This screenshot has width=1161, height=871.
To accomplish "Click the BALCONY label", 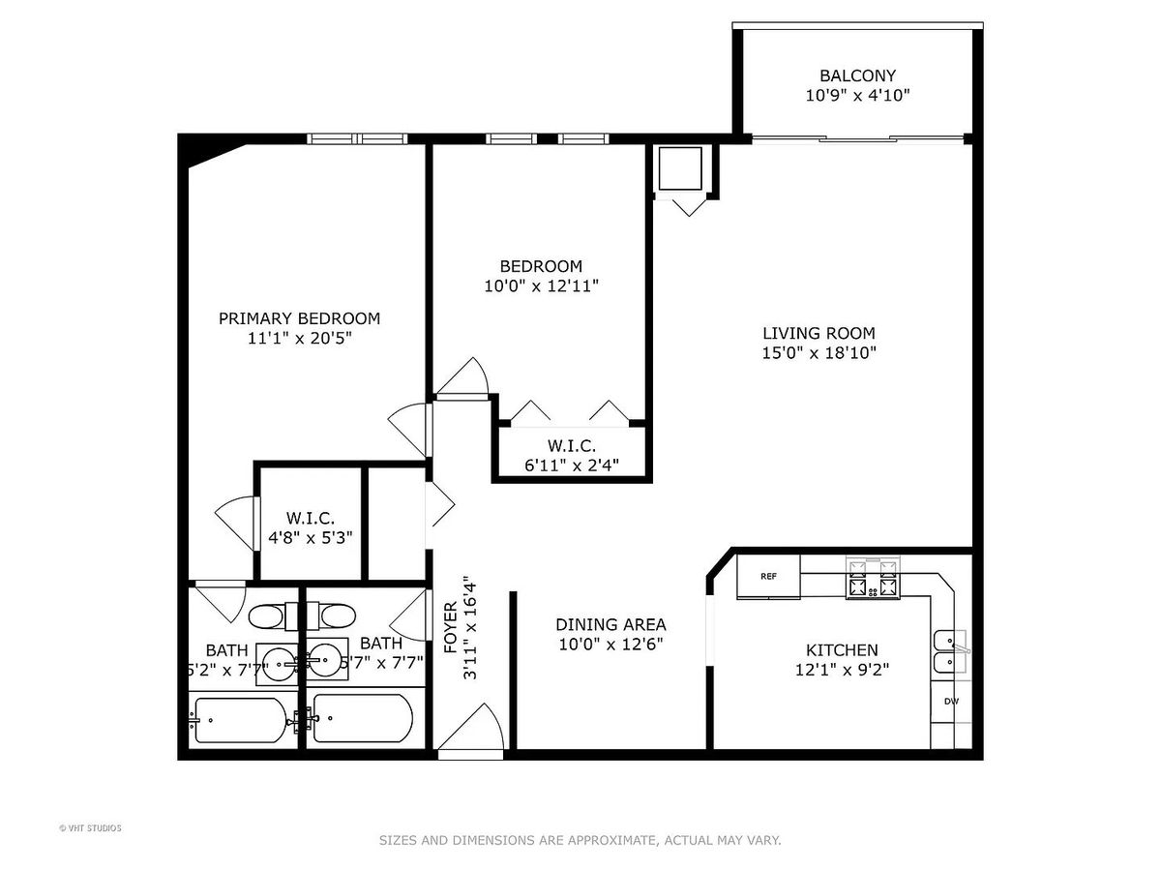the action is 857,75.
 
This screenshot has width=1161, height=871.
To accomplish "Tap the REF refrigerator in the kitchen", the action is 768,577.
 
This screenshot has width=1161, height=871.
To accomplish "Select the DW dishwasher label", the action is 951,702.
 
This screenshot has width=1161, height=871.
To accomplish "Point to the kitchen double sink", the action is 950,652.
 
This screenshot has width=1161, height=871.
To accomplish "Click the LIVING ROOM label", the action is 819,333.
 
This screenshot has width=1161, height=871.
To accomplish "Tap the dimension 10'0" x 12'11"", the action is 541,286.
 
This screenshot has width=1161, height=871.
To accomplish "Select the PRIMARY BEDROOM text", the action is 299,318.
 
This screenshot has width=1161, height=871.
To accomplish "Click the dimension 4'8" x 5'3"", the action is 310,538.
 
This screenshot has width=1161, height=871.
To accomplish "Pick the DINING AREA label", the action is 610,624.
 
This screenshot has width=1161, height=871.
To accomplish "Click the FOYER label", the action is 451,628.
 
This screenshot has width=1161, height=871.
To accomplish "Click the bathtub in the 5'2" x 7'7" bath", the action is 241,720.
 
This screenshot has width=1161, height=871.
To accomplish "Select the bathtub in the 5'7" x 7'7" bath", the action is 363,718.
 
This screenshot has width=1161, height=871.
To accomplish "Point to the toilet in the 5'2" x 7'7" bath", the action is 274,616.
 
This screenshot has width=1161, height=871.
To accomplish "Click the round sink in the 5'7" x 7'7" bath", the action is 325,659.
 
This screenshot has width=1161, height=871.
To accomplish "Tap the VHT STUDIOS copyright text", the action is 90,828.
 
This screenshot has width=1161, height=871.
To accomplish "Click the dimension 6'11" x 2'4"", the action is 571,466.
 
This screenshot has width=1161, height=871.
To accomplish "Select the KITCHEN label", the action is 842,650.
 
